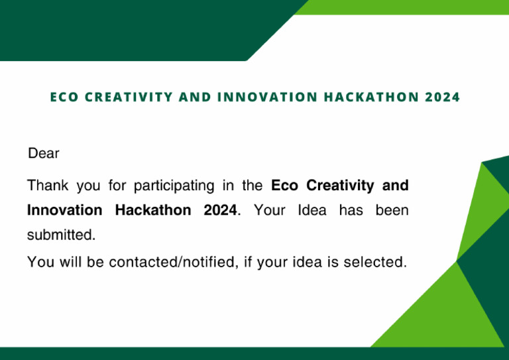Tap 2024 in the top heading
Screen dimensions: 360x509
point(442,97)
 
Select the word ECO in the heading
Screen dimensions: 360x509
point(64,97)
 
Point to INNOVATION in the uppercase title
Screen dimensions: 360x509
point(264,97)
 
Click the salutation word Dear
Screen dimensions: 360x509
point(44,154)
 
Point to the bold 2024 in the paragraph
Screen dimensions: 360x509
point(219,211)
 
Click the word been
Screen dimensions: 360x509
point(392,211)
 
